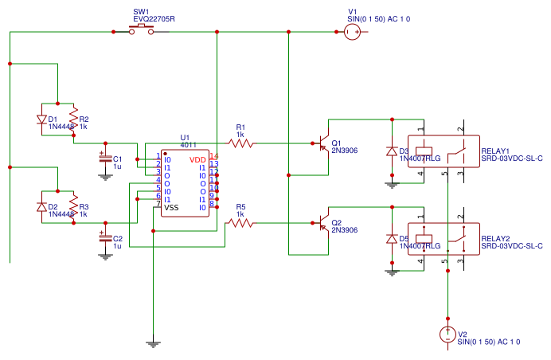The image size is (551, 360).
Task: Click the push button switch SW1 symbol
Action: click(x=143, y=30)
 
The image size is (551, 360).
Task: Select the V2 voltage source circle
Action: click(x=448, y=335)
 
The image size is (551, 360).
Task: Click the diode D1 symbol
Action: click(x=41, y=119)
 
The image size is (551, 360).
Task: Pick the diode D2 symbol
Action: click(x=41, y=207)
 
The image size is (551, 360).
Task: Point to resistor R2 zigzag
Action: click(x=73, y=119)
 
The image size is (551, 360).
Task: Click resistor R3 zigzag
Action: click(x=73, y=207)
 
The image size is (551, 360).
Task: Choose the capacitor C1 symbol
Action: click(x=104, y=158)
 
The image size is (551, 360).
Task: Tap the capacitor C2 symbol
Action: click(x=104, y=238)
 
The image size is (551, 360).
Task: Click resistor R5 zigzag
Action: click(x=240, y=224)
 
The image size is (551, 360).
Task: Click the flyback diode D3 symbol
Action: click(x=391, y=151)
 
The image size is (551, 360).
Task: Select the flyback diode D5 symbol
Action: click(x=391, y=238)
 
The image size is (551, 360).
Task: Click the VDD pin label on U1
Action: click(x=197, y=160)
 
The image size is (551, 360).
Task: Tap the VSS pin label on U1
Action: click(x=171, y=207)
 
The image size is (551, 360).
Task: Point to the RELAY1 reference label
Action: click(x=495, y=150)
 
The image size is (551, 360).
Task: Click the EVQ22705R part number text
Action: click(x=154, y=18)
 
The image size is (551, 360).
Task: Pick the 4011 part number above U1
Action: click(x=188, y=145)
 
